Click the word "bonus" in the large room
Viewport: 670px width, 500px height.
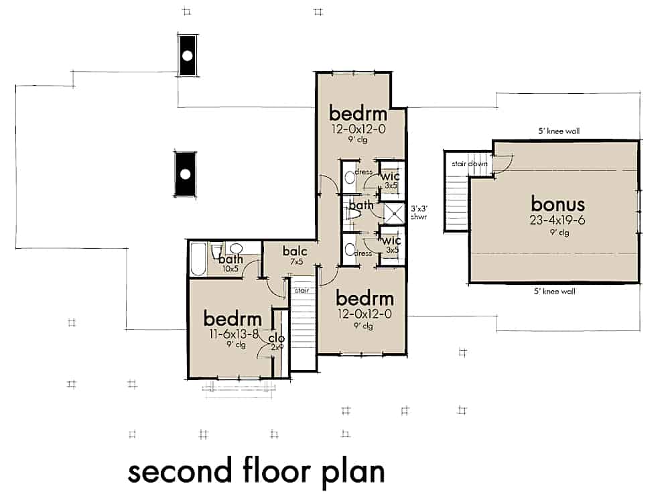click(558, 203)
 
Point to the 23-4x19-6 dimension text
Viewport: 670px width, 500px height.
click(558, 219)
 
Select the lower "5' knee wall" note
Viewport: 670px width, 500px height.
click(554, 292)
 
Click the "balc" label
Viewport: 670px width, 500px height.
click(295, 252)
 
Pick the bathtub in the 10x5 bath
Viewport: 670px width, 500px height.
click(198, 259)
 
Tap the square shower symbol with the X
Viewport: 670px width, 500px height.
click(394, 213)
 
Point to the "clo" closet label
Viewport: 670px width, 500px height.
click(277, 338)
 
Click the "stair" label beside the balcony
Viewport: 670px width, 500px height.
click(301, 292)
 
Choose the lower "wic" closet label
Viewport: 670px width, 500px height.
click(391, 240)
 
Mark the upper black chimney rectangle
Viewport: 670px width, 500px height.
click(188, 55)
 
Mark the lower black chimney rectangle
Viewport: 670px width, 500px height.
click(185, 174)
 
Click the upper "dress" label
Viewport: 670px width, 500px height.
click(364, 172)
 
